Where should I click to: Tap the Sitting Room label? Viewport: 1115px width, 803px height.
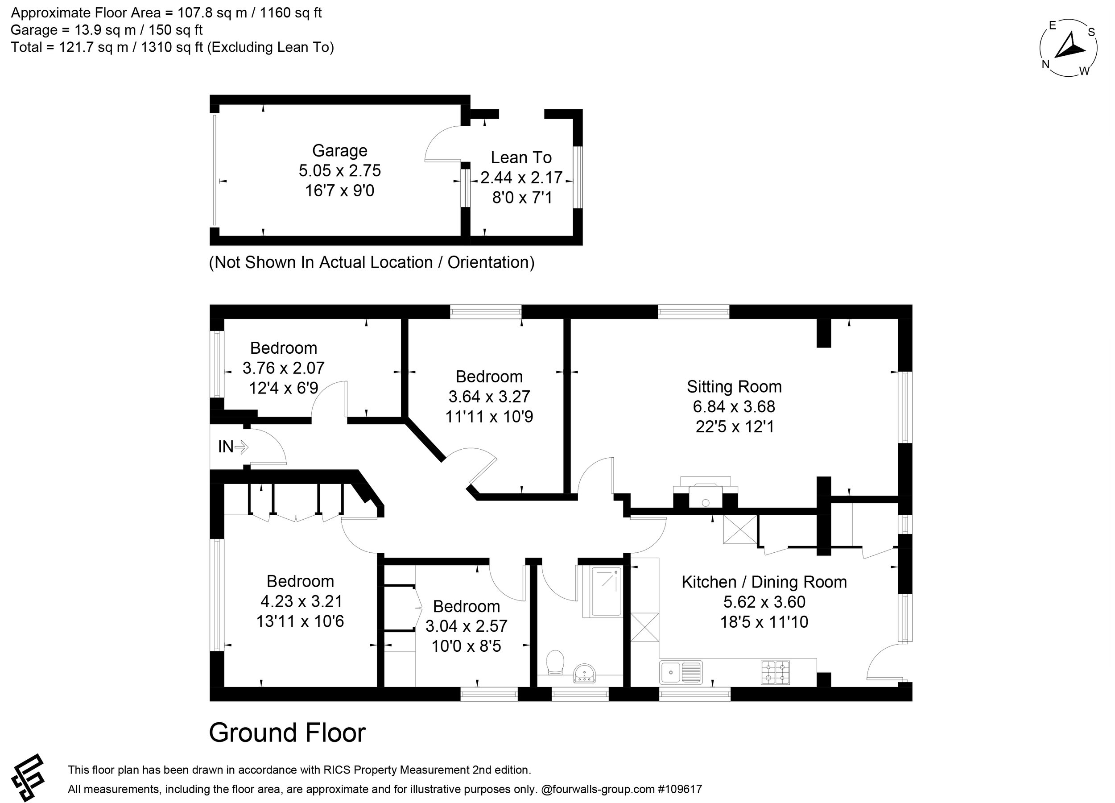pos(734,386)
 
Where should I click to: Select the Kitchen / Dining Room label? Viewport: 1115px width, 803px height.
pos(764,582)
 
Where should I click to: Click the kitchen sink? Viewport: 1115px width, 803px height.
pos(681,672)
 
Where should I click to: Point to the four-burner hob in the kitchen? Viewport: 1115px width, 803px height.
pos(775,672)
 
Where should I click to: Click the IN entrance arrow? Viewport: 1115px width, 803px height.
pos(241,447)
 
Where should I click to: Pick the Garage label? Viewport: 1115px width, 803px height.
pos(340,150)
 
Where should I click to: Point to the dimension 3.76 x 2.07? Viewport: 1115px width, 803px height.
pos(284,368)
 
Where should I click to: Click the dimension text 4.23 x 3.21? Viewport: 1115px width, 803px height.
pos(301,601)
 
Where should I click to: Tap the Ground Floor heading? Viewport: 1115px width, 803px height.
pos(288,733)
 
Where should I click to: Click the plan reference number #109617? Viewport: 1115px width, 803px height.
pos(680,789)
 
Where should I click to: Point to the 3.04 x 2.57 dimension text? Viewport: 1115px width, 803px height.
pos(466,625)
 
